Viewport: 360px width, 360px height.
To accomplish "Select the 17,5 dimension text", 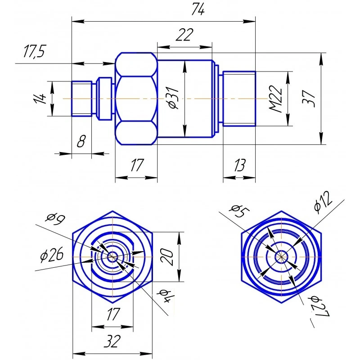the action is tap(35, 51).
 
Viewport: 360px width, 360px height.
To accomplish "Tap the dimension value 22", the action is tap(184, 35).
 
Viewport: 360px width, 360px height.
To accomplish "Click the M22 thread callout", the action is tap(275, 99).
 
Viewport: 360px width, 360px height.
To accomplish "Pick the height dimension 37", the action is tap(309, 99).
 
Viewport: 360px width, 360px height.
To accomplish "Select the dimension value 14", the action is tap(40, 99).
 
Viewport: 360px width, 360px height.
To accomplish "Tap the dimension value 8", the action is tap(81, 141).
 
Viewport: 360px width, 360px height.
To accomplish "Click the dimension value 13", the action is tap(239, 165).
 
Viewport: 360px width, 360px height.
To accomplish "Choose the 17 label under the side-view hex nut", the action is tap(137, 165).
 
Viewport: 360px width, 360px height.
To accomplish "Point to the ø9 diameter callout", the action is tap(55, 219).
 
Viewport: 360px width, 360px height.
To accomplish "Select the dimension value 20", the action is tap(166, 257).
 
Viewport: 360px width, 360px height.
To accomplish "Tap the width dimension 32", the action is tap(112, 341).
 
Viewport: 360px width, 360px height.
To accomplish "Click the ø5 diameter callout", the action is tap(240, 211).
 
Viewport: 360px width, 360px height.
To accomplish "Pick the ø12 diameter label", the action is tap(323, 202).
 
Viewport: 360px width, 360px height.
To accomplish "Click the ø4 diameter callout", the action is tap(165, 295).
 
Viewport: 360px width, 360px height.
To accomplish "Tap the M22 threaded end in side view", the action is tap(239, 99).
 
